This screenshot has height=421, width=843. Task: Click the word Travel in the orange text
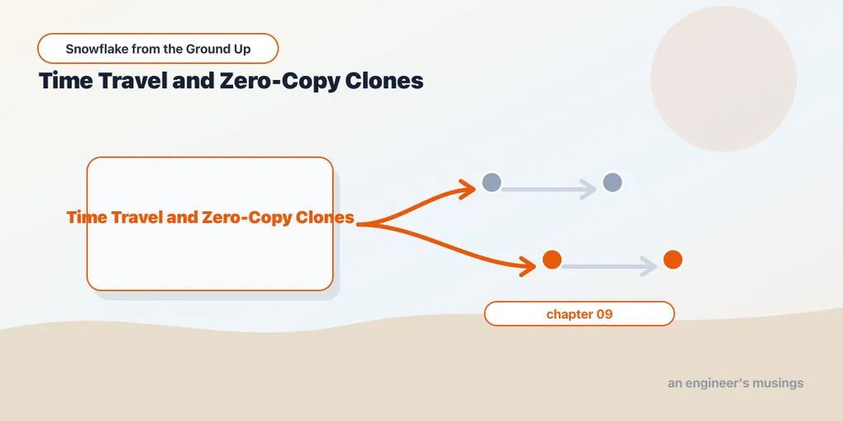click(132, 217)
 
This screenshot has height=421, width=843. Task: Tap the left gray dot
click(492, 182)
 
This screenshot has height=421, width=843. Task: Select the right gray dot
click(612, 182)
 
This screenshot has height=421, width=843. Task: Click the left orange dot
click(551, 259)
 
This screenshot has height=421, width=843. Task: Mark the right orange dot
click(673, 259)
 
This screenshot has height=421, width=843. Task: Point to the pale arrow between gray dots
click(549, 189)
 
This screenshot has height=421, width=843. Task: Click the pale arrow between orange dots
click(609, 267)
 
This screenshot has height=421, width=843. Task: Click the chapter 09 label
click(579, 315)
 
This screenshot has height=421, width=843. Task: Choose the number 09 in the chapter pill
click(604, 315)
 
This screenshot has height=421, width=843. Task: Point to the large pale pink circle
click(723, 78)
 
